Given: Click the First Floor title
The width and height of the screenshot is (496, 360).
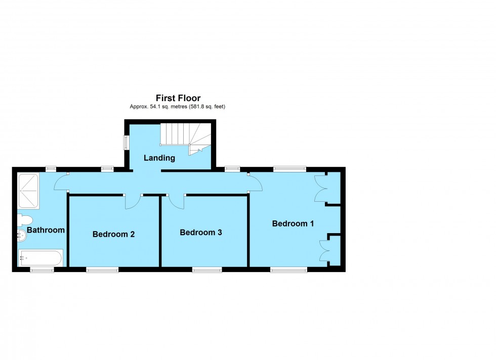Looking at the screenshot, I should (x=178, y=98).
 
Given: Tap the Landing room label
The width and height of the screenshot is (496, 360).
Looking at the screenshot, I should (x=159, y=158).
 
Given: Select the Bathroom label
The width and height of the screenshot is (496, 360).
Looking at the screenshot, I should (x=46, y=230).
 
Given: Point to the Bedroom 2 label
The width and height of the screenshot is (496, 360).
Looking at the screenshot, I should (x=113, y=234).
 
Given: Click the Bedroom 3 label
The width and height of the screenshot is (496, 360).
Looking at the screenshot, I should (x=201, y=233).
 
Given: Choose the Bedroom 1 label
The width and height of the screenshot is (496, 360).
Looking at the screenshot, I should (x=293, y=223).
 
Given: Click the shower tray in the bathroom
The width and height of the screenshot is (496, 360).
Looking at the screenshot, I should (x=28, y=191).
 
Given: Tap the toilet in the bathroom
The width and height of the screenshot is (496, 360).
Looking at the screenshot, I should (x=25, y=220).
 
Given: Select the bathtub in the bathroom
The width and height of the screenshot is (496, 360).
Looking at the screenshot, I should (x=40, y=258).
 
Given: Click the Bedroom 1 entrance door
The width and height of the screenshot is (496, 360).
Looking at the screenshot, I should (x=255, y=183).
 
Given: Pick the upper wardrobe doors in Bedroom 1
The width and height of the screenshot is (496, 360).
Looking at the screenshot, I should (x=320, y=189).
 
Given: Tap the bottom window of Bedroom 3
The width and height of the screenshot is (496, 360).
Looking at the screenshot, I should (x=206, y=270).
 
